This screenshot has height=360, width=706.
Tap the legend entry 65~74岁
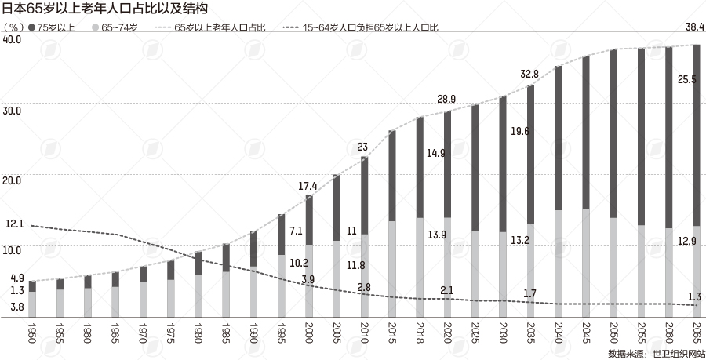click(118, 27)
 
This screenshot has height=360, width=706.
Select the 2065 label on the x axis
click(694, 329)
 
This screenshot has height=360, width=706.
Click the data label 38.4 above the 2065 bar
click(694, 27)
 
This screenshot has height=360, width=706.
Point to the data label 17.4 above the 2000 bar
click(308, 186)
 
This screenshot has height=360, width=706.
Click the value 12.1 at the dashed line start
click(14, 224)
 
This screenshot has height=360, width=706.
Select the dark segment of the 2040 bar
click(557, 137)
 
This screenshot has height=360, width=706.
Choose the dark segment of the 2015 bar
click(391, 175)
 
